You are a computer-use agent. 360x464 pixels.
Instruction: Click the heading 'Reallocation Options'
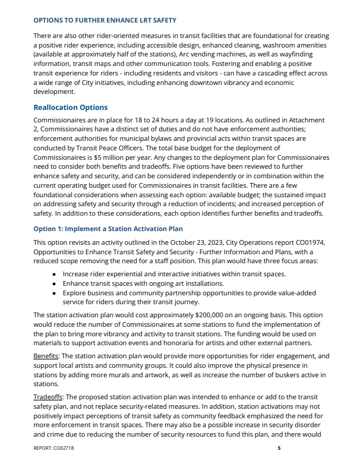coord(71,108)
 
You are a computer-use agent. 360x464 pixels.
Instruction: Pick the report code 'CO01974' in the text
coord(310,242)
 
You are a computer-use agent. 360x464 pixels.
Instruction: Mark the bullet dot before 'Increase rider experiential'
coord(54,274)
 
